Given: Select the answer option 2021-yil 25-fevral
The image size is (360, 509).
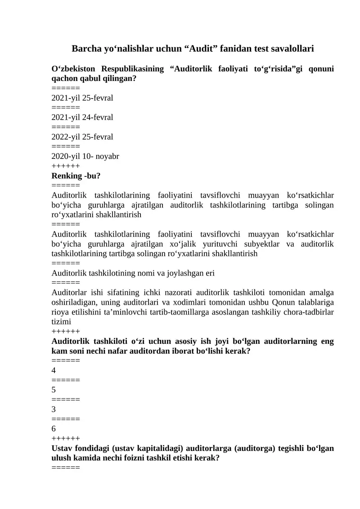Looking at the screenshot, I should click(82, 98).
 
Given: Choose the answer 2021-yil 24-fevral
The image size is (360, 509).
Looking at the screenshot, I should click(82, 117).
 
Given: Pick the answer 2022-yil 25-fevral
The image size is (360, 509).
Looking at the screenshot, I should click(82, 136).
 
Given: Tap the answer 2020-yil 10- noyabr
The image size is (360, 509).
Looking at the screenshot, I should click(85, 156).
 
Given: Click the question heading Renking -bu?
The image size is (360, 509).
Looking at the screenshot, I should click(76, 176).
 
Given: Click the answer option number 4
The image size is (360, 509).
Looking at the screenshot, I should click(54, 370).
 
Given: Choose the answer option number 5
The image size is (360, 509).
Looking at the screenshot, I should click(54, 390).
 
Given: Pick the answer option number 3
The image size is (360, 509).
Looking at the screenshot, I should click(54, 409).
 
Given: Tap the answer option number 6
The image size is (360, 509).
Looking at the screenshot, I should click(54, 429).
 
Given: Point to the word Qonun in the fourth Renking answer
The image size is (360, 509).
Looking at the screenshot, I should click(283, 302).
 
